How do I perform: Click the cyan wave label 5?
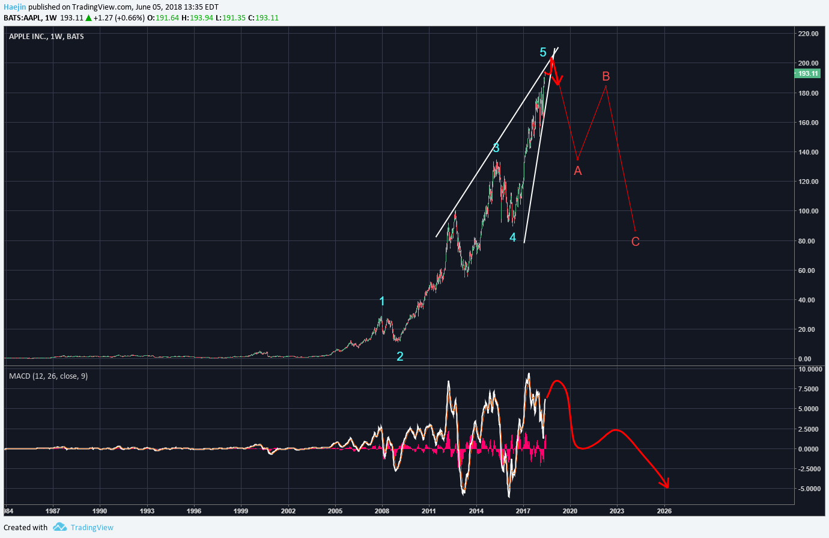(x=543, y=53)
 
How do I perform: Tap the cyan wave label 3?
(x=496, y=148)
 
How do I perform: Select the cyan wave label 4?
(x=512, y=237)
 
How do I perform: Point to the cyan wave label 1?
(x=382, y=302)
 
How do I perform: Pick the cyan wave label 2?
(x=399, y=356)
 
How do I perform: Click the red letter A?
(x=578, y=171)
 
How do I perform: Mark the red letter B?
(x=606, y=76)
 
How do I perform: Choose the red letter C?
(x=636, y=242)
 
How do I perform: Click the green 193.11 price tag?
(x=807, y=73)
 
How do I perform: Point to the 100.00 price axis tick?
(x=808, y=211)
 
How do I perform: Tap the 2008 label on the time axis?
(x=382, y=511)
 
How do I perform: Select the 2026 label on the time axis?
(x=664, y=511)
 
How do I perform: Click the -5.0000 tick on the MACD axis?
(x=810, y=489)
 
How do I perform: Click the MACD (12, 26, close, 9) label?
(x=48, y=376)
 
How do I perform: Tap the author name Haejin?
(x=15, y=7)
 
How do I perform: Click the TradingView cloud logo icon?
(x=59, y=527)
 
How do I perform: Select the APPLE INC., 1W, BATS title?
(x=46, y=37)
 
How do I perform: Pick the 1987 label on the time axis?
(x=53, y=511)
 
